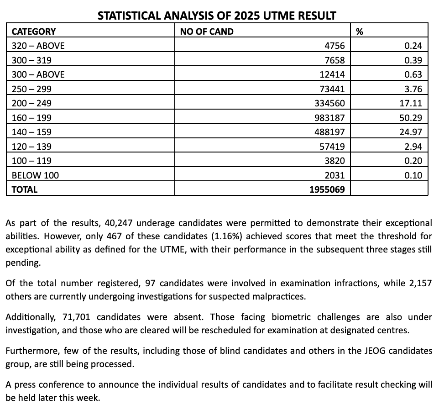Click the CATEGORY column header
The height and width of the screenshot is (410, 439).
pyautogui.click(x=33, y=32)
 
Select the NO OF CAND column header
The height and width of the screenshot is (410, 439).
pyautogui.click(x=207, y=32)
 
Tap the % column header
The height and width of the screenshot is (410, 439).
pyautogui.click(x=359, y=32)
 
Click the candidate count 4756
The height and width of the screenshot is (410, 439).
pyautogui.click(x=335, y=46)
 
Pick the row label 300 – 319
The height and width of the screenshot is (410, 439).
pyautogui.click(x=31, y=60)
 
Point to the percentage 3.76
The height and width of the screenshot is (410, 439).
pyautogui.click(x=413, y=89)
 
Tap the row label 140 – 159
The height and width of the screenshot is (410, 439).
pyautogui.click(x=31, y=132)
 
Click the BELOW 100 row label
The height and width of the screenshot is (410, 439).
pyautogui.click(x=35, y=175)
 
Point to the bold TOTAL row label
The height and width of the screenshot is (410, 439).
pyautogui.click(x=25, y=189)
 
